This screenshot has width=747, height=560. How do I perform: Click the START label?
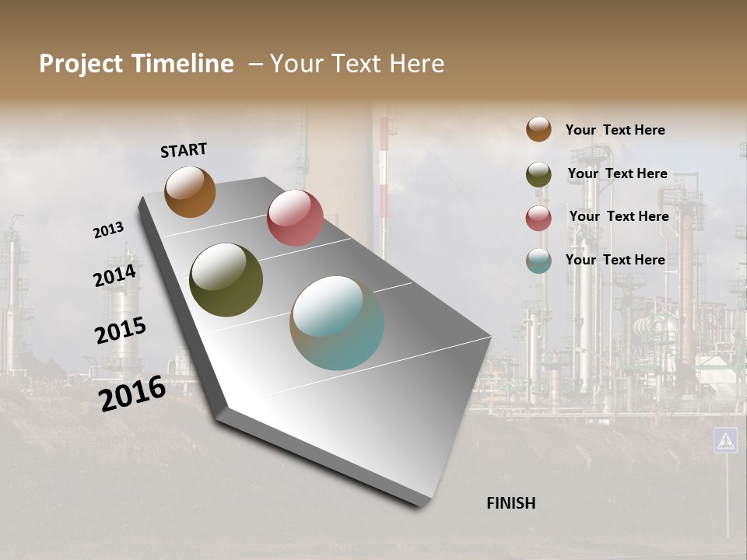tap(184, 150)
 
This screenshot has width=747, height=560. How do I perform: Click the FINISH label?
tap(510, 503)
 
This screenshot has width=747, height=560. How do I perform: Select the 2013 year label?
tap(108, 230)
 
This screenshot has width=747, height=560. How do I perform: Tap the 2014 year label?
tap(115, 276)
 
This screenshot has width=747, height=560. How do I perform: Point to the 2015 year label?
tap(121, 331)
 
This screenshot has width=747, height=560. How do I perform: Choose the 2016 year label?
tap(132, 393)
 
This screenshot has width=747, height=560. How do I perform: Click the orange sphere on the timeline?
tap(190, 191)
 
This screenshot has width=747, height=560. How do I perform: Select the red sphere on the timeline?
tap(295, 218)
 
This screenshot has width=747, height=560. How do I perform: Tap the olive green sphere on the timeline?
tap(226, 280)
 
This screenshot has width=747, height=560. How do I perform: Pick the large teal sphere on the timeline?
tap(337, 323)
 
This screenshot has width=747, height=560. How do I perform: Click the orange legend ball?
tap(538, 129)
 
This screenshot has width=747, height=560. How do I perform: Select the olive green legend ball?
tap(538, 174)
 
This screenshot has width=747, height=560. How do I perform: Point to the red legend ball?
tap(538, 218)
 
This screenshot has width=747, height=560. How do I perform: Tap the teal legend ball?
tap(538, 261)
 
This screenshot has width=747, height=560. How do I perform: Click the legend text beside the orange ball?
tap(615, 130)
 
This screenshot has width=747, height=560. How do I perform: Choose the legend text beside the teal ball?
tap(615, 260)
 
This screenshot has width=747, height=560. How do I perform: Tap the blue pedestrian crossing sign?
tap(725, 440)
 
